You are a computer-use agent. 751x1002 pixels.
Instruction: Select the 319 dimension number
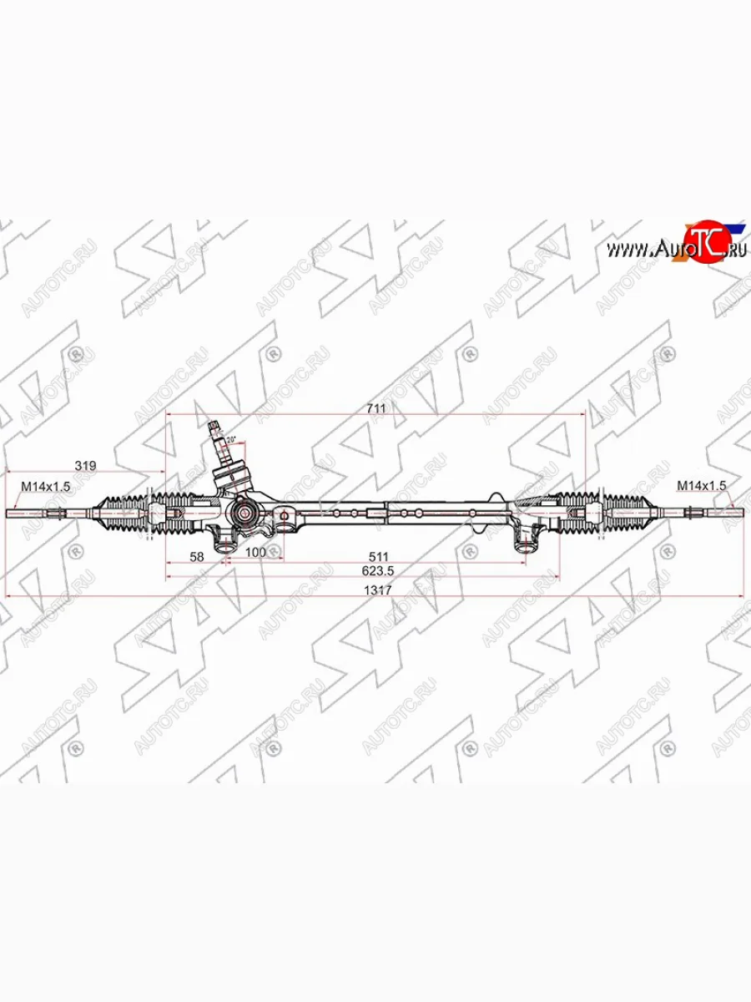tap(84, 465)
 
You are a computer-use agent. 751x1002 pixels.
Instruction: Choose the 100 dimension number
tap(255, 552)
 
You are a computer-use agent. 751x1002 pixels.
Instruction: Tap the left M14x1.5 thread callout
tap(41, 485)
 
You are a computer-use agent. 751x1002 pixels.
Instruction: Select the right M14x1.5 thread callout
tap(701, 484)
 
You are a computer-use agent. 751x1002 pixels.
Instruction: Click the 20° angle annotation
tap(231, 439)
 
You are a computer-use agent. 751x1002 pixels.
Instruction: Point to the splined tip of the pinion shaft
tap(215, 431)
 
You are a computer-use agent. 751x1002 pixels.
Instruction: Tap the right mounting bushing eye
tap(525, 544)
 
